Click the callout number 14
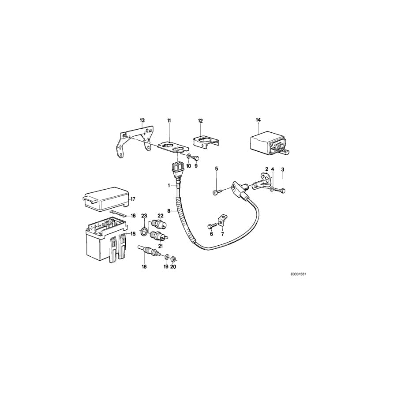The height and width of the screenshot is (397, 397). pyautogui.click(x=258, y=120)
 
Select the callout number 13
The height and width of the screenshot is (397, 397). pyautogui.click(x=142, y=120)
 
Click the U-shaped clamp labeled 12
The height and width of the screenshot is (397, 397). pyautogui.click(x=205, y=142)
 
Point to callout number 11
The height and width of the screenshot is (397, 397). pyautogui.click(x=169, y=120)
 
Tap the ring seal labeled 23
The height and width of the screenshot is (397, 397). pyautogui.click(x=144, y=231)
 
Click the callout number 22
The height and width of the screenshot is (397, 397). pyautogui.click(x=161, y=216)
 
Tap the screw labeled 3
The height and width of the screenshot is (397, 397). pyautogui.click(x=283, y=190)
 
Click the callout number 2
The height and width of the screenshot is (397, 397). pyautogui.click(x=267, y=169)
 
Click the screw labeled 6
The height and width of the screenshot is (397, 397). pyautogui.click(x=210, y=226)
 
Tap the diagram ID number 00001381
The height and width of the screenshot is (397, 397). pyautogui.click(x=298, y=274)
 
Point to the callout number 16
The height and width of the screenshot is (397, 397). pyautogui.click(x=133, y=216)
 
